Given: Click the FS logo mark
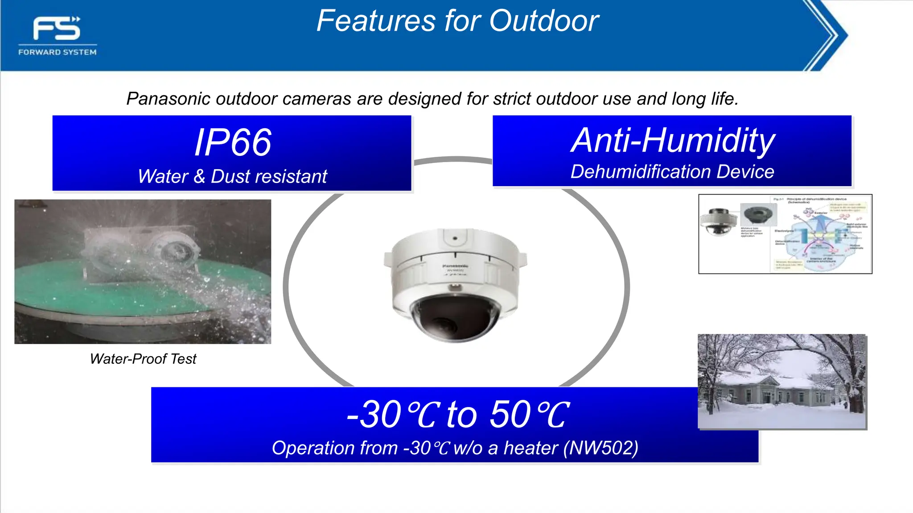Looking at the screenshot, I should pos(57,28).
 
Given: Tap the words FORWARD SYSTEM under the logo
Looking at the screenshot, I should pos(57,52).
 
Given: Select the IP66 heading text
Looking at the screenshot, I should pos(233,142).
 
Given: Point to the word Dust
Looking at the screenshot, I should pos(230,176).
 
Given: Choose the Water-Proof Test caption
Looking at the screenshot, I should pos(143,359).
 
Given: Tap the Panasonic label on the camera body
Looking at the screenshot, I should pos(455,266).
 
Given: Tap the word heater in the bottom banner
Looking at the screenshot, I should pos(531,448).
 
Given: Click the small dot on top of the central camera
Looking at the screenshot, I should pos(455,238).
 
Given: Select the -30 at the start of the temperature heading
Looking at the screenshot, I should pos(374,415).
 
